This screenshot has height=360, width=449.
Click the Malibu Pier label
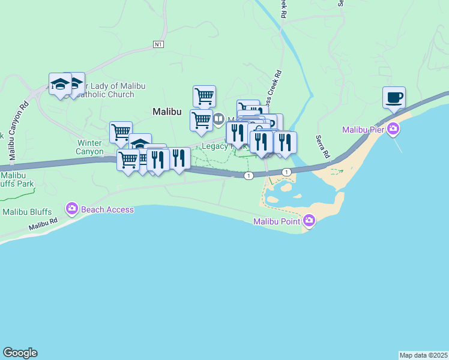[x=364, y=130]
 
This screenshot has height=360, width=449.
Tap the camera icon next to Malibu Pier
[x=394, y=128]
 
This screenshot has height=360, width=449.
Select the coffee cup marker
[x=394, y=97]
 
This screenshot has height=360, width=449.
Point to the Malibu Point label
[x=277, y=222]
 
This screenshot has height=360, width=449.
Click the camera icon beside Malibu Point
[x=309, y=221]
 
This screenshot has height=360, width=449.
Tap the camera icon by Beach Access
[x=72, y=209]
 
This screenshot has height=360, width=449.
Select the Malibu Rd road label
[x=43, y=226]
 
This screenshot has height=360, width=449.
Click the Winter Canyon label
[x=90, y=147]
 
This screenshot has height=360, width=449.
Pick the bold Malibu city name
[x=167, y=112]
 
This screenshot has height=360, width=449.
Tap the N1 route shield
[x=158, y=44]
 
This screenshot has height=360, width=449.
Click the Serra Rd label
[x=323, y=147]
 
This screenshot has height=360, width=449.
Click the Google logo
[x=20, y=353]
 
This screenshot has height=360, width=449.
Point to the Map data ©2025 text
[x=423, y=355]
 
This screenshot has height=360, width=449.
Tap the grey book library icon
[x=218, y=119]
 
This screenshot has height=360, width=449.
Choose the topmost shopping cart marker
[x=204, y=95]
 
